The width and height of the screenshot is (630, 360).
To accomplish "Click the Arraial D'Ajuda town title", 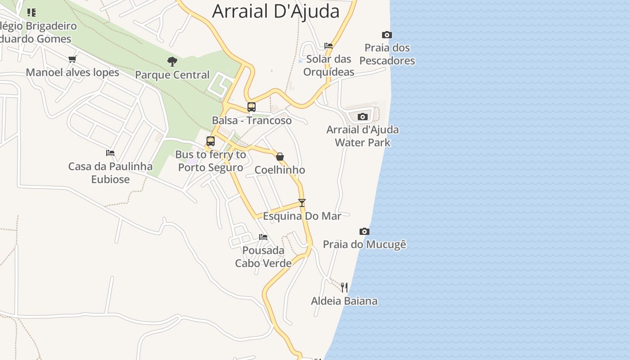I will [x=275, y=11].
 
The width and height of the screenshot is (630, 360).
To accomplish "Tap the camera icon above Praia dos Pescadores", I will [x=387, y=35].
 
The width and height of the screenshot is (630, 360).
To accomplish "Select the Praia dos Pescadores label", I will [x=387, y=54].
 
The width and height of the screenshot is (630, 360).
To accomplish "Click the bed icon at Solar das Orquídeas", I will [x=328, y=45].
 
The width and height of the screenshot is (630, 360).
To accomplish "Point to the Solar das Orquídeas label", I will [x=328, y=65].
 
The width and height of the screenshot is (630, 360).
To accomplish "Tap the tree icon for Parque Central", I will [x=172, y=62].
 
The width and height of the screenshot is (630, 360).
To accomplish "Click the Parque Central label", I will [x=172, y=75].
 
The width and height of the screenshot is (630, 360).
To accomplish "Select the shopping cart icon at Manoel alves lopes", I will [x=72, y=59].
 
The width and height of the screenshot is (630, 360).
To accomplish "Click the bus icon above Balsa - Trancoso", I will [x=252, y=107].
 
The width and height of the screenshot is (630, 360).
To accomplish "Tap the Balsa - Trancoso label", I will [x=252, y=121].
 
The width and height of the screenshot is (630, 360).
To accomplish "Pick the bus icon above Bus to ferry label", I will [x=211, y=141].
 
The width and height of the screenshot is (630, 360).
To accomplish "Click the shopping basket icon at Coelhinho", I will [x=280, y=157].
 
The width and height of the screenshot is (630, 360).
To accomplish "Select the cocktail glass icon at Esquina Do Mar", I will [x=302, y=203].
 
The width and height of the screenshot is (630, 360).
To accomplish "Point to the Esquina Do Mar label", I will [x=302, y=216].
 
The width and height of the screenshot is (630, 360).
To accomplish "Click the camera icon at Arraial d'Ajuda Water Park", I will [x=362, y=117].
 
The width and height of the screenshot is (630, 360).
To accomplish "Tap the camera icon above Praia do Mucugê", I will [x=364, y=232].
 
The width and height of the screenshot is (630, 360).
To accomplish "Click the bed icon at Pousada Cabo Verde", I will [x=263, y=237].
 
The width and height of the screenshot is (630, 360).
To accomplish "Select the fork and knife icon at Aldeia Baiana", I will [x=344, y=288].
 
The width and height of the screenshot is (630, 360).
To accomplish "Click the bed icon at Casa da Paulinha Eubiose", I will [x=110, y=153].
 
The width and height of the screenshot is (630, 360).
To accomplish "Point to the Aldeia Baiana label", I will [x=344, y=301].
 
